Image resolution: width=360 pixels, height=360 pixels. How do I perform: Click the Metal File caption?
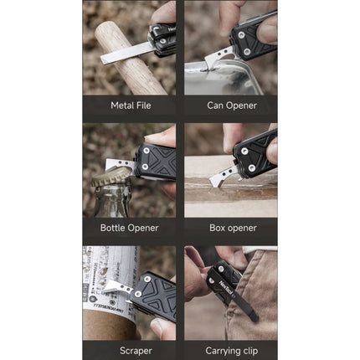click(129, 105)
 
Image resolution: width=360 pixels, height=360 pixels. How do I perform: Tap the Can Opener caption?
click(231, 105)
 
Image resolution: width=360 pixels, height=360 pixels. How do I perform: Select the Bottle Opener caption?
click(129, 227)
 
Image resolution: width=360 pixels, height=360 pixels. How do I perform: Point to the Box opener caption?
click(231, 227)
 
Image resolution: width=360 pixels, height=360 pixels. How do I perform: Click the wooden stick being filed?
click(126, 63)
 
